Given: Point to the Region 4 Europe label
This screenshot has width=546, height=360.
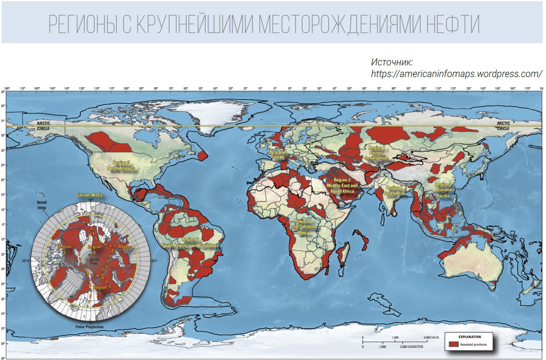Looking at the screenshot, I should click(x=278, y=154).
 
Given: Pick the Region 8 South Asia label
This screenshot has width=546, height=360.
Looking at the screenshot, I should click(x=394, y=190).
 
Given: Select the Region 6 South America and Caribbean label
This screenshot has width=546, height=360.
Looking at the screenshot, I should click(x=190, y=242).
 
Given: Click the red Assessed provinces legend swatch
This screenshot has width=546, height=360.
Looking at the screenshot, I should click(x=454, y=344).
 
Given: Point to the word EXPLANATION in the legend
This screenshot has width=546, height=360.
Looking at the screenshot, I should click(x=469, y=336).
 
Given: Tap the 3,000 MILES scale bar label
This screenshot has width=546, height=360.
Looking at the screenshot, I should click(x=431, y=337).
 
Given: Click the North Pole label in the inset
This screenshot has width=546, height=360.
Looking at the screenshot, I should click(x=94, y=260).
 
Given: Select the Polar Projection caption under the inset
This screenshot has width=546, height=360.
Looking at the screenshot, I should click(x=89, y=327).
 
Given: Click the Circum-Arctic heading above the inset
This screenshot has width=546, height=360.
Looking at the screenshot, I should click(x=90, y=195).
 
